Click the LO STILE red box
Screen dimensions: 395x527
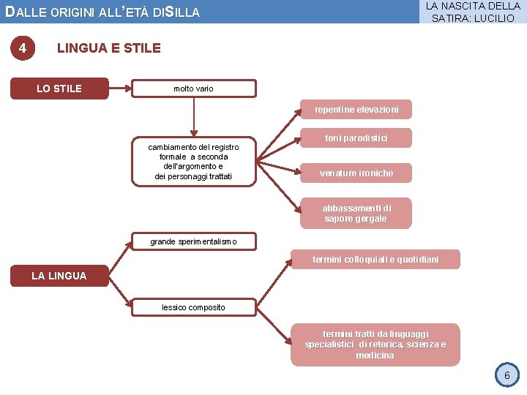click(x=59, y=89)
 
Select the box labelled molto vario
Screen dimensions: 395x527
click(x=193, y=89)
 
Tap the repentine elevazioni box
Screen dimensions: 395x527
click(x=356, y=110)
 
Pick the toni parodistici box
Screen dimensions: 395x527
click(x=356, y=138)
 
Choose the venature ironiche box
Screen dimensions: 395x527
click(x=356, y=173)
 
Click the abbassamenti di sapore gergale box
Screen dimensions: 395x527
click(x=356, y=213)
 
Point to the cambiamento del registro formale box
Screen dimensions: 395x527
click(x=193, y=162)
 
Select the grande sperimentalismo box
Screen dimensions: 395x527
click(x=193, y=241)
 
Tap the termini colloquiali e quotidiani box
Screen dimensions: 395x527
click(x=375, y=260)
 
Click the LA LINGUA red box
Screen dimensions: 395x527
click(x=59, y=276)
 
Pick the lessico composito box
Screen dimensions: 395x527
click(x=193, y=307)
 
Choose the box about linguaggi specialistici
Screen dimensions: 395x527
click(x=375, y=344)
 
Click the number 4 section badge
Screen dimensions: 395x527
click(x=23, y=48)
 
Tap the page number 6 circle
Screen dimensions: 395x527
click(x=506, y=376)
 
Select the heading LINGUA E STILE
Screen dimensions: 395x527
click(x=108, y=48)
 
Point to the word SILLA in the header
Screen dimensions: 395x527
click(x=182, y=12)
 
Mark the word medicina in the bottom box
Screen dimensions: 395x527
click(x=375, y=355)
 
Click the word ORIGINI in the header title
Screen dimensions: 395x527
click(x=75, y=12)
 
